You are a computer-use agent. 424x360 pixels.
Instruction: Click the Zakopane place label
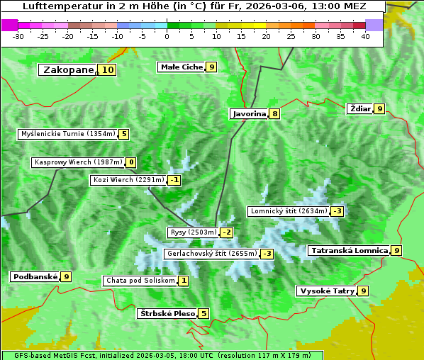tap(68, 69)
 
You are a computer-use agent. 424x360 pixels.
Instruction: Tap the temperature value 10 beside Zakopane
tap(107, 69)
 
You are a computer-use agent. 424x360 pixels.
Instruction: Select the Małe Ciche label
tap(182, 67)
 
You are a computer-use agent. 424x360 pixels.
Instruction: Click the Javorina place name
tap(249, 113)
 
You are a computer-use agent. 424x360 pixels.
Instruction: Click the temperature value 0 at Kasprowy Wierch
tap(130, 162)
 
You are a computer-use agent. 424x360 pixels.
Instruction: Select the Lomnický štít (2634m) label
tap(289, 210)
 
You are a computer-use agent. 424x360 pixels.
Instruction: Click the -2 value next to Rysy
tap(226, 232)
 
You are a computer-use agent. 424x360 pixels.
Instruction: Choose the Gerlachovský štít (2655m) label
tap(211, 253)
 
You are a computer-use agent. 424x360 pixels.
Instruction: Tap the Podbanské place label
tap(35, 276)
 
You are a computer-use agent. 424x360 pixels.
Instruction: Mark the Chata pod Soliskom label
tap(140, 281)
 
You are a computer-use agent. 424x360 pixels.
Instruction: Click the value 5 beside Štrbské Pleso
tap(203, 313)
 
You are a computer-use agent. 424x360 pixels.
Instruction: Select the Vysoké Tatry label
tap(327, 291)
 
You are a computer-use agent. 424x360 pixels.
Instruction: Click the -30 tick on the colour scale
tap(19, 36)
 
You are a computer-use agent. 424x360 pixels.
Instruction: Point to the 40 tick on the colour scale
tap(365, 36)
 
